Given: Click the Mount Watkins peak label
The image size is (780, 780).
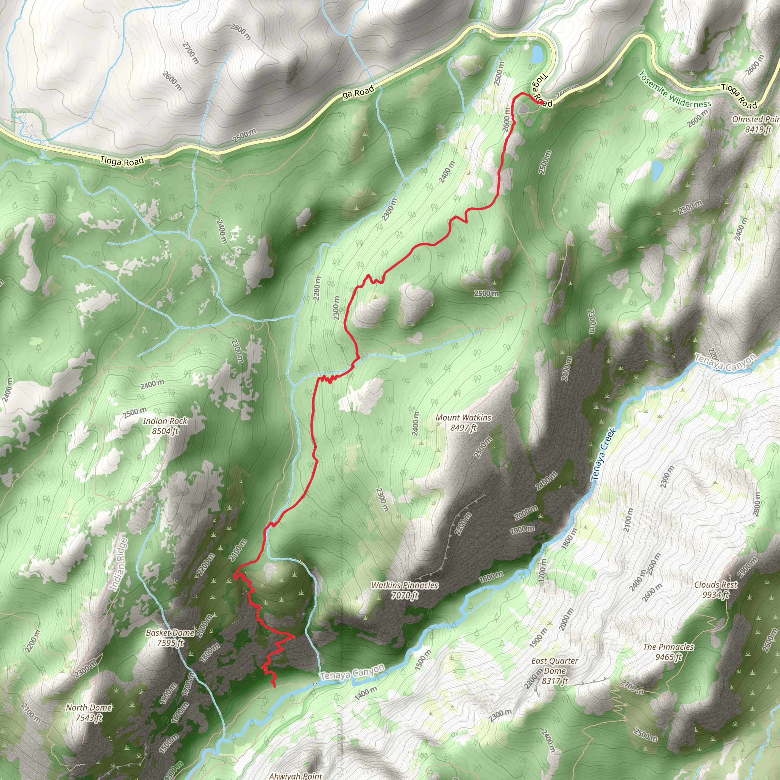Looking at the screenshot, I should click(x=464, y=422).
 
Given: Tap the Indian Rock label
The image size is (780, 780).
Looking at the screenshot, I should click(x=165, y=425).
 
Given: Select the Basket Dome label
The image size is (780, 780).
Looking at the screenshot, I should click(x=170, y=637).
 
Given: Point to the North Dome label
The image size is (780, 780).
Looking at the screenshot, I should click(x=89, y=712).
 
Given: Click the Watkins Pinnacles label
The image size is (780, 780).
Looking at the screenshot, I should click(x=404, y=590).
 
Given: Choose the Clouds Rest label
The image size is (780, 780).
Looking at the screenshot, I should click(x=716, y=589).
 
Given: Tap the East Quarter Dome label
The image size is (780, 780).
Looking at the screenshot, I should click(x=554, y=671).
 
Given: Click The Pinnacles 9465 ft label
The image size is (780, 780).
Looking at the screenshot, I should click(x=668, y=652).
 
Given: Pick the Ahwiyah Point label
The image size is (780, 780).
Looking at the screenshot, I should click(x=296, y=775).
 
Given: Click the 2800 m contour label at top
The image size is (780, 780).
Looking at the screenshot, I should click(x=241, y=32).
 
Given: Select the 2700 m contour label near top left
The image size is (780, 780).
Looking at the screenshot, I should click(x=190, y=53).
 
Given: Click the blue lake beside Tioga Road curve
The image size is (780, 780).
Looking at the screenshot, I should click(x=537, y=54).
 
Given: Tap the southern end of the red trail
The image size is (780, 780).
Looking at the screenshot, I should click(x=275, y=686).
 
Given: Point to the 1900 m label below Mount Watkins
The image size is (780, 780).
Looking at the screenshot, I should click(x=523, y=530).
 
